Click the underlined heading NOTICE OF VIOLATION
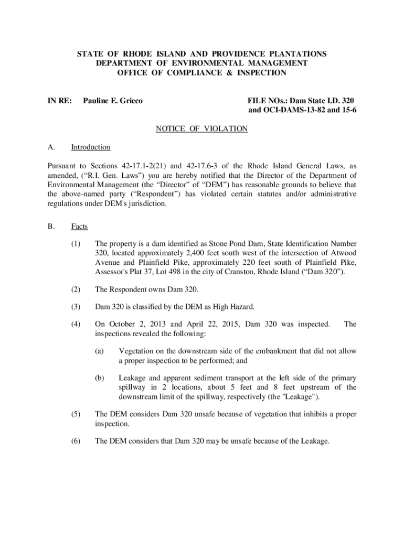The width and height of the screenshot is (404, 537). tap(202, 128)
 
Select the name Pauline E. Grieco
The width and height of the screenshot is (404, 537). tap(113, 100)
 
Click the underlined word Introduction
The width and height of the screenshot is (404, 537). tap(91, 147)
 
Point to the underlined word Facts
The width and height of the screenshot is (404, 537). tap(80, 227)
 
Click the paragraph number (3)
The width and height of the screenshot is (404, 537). tap(77, 307)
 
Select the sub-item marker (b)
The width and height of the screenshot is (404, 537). tap(99, 378)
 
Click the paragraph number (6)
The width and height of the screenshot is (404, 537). tap(77, 441)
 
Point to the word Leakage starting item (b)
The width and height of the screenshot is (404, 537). tap(133, 378)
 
